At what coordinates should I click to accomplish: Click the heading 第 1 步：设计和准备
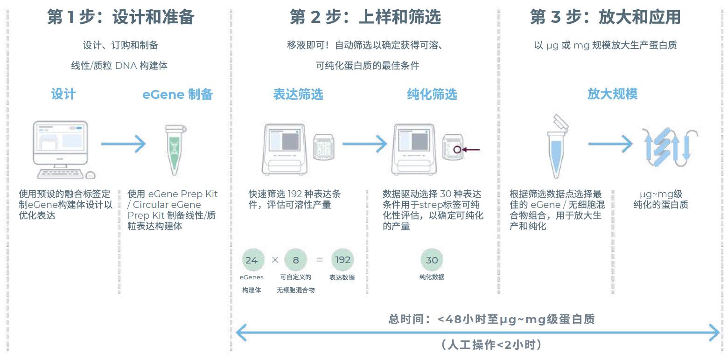click(121, 17)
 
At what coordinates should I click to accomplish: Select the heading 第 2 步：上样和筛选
click(365, 17)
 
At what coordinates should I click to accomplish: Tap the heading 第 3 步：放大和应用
click(605, 17)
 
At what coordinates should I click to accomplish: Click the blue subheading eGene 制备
click(177, 94)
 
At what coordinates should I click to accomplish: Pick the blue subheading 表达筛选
click(298, 94)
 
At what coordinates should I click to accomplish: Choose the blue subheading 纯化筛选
click(432, 94)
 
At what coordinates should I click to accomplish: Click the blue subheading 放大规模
click(612, 94)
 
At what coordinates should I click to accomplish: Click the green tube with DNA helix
click(175, 149)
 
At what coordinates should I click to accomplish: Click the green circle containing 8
click(296, 260)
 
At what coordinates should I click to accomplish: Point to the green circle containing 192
click(343, 260)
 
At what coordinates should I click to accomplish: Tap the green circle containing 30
click(432, 260)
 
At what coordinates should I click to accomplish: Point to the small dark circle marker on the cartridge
click(457, 150)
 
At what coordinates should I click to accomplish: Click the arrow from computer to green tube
click(124, 144)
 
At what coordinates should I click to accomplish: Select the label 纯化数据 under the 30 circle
click(432, 277)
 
